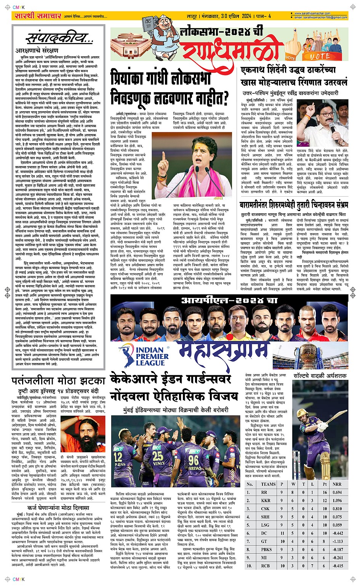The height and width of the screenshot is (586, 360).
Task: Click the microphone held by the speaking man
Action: pos(331,128)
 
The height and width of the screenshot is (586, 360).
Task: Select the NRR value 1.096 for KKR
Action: pos(337,500)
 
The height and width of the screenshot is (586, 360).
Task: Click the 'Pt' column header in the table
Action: pos(325,484)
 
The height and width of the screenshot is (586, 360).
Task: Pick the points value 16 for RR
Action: pos(325,492)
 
